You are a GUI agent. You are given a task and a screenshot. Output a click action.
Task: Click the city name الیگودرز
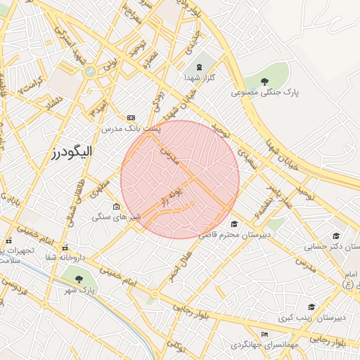(72, 151)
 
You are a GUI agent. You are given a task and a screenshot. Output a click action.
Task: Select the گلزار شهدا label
(200, 78)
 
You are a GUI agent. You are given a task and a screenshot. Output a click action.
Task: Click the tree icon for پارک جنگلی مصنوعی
(265, 82)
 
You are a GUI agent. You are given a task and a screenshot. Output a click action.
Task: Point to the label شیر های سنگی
(117, 217)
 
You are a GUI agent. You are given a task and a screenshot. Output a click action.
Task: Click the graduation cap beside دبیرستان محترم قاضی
(233, 224)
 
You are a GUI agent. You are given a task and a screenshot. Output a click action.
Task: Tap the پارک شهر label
(79, 289)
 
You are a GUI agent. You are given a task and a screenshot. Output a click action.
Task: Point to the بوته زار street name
(171, 196)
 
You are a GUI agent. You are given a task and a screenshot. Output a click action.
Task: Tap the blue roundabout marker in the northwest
(89, 71)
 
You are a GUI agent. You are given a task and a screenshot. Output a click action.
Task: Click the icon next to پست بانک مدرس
(131, 117)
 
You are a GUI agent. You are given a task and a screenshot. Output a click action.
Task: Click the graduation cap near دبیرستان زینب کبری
(311, 307)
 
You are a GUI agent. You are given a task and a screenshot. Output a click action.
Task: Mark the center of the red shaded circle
(180, 179)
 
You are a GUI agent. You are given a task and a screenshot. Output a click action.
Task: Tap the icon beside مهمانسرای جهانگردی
(265, 334)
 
